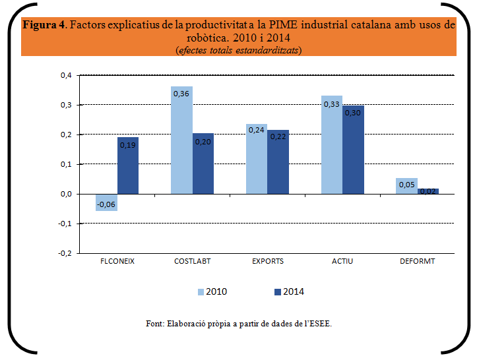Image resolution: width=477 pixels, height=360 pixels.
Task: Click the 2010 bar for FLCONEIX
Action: [x=107, y=202]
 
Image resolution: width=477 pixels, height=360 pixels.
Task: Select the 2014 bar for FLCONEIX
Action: [x=128, y=165]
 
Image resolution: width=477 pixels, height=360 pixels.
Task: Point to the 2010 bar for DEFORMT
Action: [x=406, y=186]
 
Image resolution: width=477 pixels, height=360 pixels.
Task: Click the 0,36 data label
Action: [x=181, y=94]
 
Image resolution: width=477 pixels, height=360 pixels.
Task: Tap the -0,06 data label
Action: [x=106, y=204]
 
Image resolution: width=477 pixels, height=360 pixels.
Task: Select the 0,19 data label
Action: [x=128, y=144]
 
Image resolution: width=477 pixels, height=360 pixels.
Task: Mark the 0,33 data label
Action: [x=331, y=104]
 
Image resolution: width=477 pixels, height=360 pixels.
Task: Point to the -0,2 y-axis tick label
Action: [x=65, y=253]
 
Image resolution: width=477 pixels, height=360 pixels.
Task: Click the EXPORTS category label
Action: [x=267, y=261]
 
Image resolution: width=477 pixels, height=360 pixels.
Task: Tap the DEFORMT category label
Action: [x=417, y=261]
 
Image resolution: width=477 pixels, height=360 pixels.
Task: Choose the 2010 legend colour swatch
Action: [x=201, y=291]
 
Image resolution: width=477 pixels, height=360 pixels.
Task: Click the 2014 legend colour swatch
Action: [x=278, y=291]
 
